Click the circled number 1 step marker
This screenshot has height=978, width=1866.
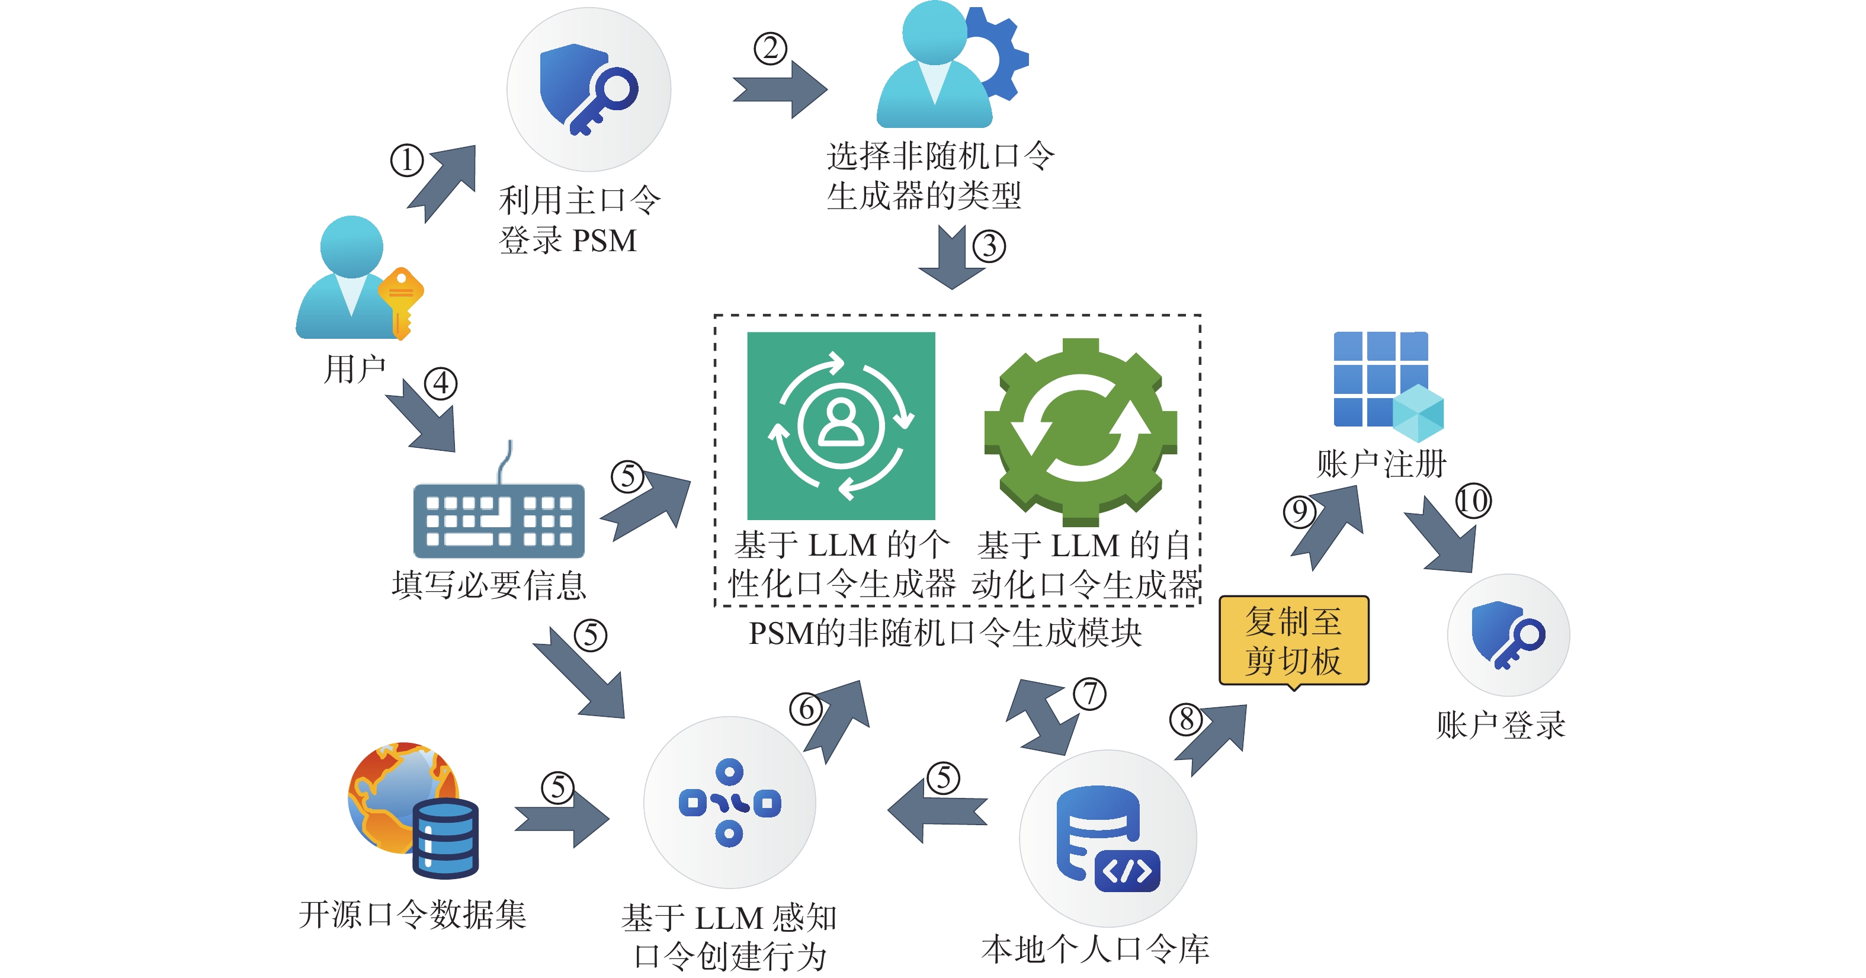[406, 160]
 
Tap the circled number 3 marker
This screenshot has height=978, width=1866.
[989, 246]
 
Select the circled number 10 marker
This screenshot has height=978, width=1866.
[1473, 501]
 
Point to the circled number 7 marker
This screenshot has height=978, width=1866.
[1089, 694]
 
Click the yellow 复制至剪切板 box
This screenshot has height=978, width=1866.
[1294, 640]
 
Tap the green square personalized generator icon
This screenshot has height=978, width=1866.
[841, 426]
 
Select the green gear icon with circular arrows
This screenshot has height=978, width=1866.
[1080, 432]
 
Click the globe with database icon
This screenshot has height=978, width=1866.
[413, 808]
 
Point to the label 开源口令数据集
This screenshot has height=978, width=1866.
[412, 914]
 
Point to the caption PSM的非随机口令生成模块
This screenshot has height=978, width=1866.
[945, 633]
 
